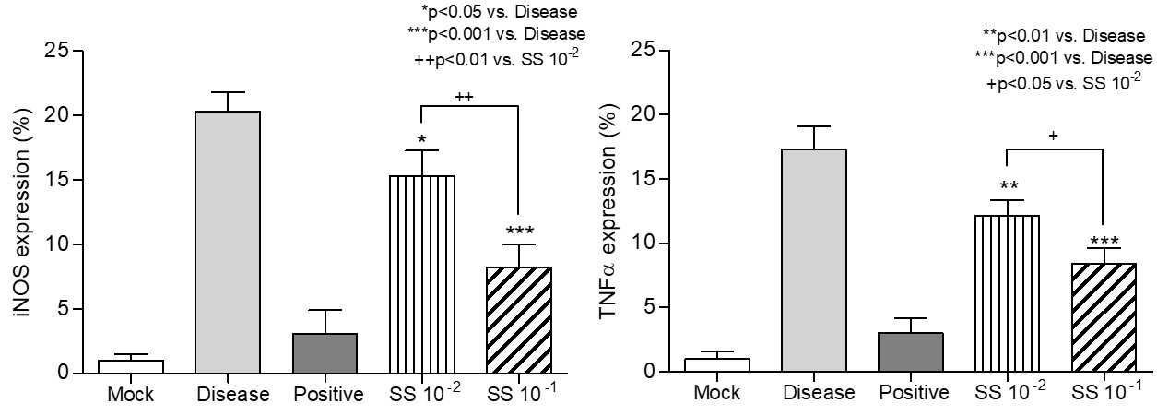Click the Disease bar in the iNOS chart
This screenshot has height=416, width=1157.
coord(228,242)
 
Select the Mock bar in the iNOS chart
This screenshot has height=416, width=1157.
coord(131,366)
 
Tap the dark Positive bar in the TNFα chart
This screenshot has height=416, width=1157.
coord(911,352)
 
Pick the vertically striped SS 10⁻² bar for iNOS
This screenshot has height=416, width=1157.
coord(422,274)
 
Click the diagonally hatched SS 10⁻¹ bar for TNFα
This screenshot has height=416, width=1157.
coord(1104,317)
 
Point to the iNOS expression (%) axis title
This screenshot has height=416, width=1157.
coord(24,212)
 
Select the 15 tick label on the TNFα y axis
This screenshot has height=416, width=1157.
coord(643,179)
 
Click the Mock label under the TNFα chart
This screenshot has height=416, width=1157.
coord(717,393)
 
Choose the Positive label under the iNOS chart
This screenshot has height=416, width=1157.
coord(328,395)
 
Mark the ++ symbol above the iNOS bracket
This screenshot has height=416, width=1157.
coord(464,97)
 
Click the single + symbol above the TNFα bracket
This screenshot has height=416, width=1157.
coord(1053,136)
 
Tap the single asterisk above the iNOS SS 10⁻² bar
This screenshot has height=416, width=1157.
coord(422,139)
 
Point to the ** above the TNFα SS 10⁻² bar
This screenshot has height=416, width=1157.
coord(1009,186)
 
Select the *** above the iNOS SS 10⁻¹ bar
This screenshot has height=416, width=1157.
coord(520,231)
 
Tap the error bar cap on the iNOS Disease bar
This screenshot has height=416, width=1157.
coord(228,92)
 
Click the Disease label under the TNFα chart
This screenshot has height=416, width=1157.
coord(819,393)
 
